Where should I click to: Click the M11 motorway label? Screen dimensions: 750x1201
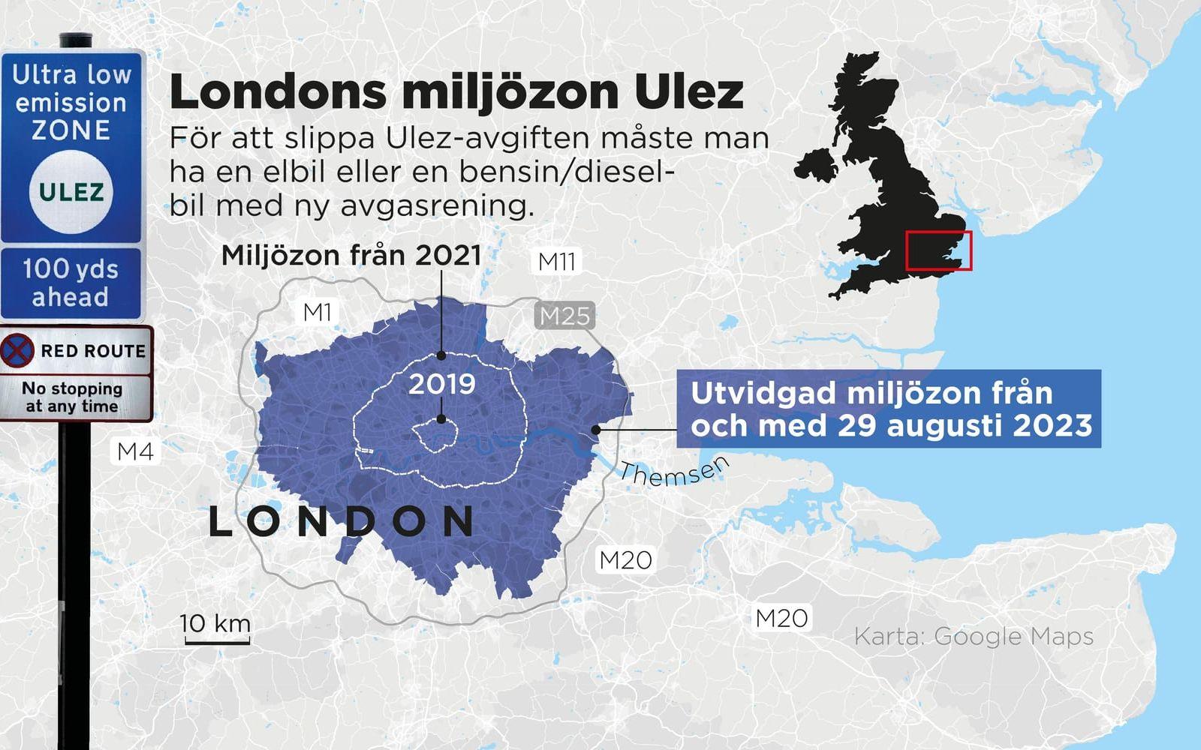[556, 262]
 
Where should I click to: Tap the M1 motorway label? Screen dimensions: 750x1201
[317, 312]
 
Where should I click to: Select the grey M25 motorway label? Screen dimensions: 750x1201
[565, 316]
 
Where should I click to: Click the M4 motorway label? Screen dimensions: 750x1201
[136, 451]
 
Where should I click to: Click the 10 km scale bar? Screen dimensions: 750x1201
[215, 631]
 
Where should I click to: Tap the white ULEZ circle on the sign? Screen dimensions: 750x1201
[71, 192]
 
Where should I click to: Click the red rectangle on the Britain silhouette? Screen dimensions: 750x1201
[938, 250]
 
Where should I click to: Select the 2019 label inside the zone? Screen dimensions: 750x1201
[442, 384]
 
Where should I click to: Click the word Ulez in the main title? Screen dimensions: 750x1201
[689, 92]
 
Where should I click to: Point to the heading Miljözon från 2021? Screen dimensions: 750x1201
[351, 256]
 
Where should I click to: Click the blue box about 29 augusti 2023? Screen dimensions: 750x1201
[889, 409]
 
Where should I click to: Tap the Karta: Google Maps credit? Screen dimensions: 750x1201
[974, 636]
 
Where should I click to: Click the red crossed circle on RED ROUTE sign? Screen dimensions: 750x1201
[17, 350]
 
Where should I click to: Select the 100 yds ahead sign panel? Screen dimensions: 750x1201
[71, 283]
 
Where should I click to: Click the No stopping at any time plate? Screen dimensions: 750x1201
[72, 397]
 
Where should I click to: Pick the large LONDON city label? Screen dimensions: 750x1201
[342, 521]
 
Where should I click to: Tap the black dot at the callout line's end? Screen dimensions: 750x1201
[595, 430]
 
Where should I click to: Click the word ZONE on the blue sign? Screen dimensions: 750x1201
[71, 130]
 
